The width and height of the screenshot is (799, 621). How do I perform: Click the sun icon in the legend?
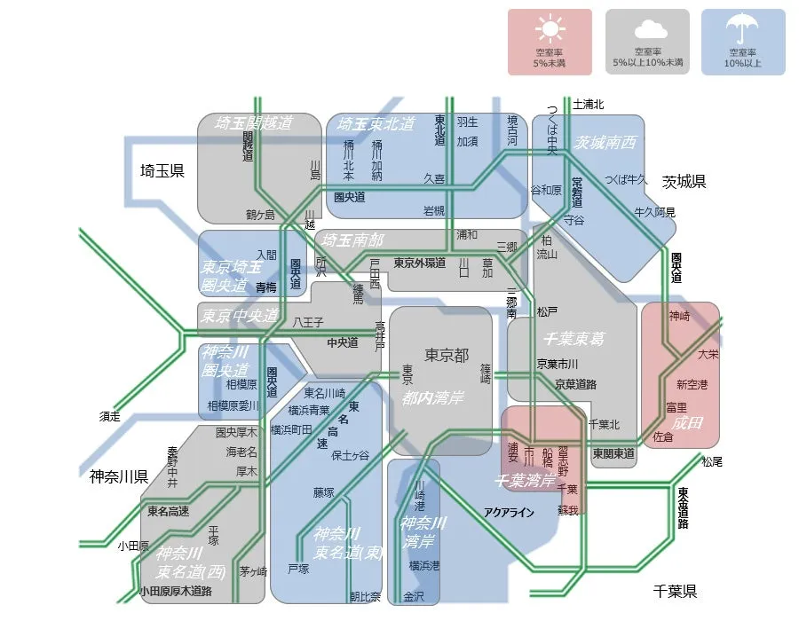pyautogui.click(x=550, y=31)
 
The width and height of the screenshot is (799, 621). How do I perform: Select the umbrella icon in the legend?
pyautogui.click(x=742, y=30)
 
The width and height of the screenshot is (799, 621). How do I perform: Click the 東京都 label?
pyautogui.click(x=447, y=356)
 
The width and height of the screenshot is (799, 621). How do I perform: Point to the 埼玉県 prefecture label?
pyautogui.click(x=162, y=170)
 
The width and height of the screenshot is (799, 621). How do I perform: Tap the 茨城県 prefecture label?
pyautogui.click(x=684, y=181)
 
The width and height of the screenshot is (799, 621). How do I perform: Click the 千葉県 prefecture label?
pyautogui.click(x=675, y=591)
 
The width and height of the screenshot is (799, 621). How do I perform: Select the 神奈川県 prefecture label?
pyautogui.click(x=118, y=476)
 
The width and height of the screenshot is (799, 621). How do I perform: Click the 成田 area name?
pyautogui.click(x=687, y=423)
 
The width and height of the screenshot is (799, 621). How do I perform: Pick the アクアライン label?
pyautogui.click(x=510, y=512)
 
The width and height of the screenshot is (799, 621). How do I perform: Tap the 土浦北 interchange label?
pyautogui.click(x=589, y=105)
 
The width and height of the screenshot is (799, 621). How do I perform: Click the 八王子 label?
pyautogui.click(x=308, y=323)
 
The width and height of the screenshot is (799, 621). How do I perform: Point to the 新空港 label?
pyautogui.click(x=692, y=385)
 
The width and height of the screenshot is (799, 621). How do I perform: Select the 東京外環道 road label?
pyautogui.click(x=419, y=263)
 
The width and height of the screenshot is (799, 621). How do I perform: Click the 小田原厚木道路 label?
pyautogui.click(x=175, y=591)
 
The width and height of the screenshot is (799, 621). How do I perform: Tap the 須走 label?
pyautogui.click(x=110, y=415)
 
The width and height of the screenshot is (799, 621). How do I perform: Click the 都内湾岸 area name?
pyautogui.click(x=432, y=398)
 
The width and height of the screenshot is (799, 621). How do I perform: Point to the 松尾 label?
pyautogui.click(x=712, y=461)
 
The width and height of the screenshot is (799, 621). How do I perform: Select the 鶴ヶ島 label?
pyautogui.click(x=260, y=215)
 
